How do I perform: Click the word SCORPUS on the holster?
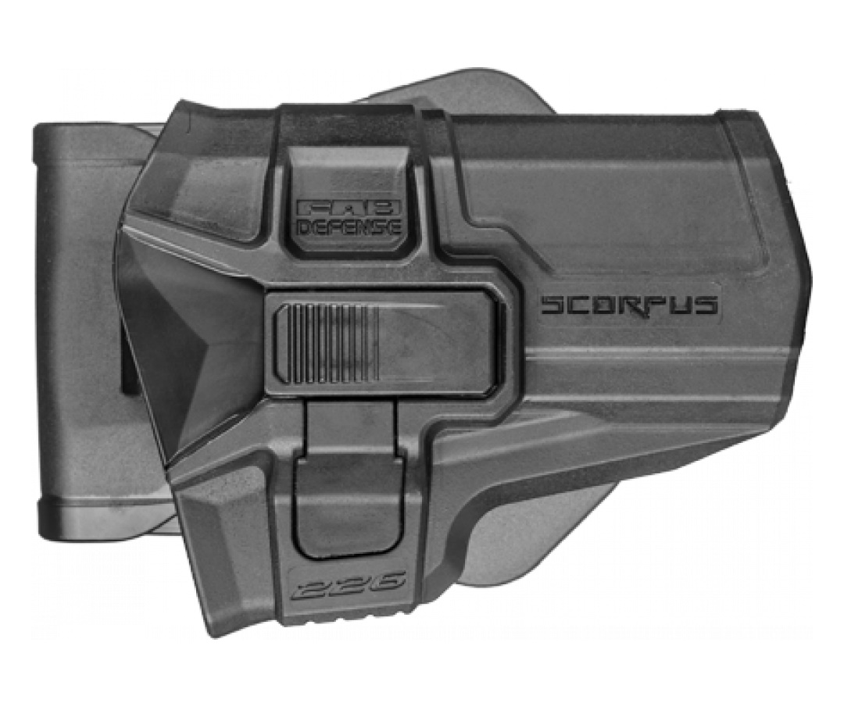click(x=628, y=305)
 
